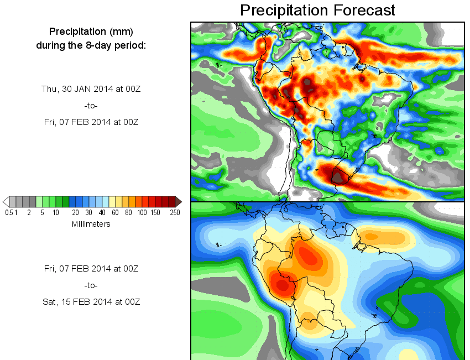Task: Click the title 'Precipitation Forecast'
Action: [x=317, y=10]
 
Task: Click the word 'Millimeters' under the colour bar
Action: [x=91, y=224]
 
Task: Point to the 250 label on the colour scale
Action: [x=175, y=213]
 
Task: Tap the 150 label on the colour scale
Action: [x=156, y=213]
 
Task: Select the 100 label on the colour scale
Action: [x=142, y=213]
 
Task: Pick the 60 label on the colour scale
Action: [x=115, y=213]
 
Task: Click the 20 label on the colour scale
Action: [x=75, y=213]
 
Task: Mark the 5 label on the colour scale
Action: [x=42, y=213]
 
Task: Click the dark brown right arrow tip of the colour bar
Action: [x=178, y=201]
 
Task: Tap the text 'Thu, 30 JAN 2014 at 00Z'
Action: [x=91, y=88]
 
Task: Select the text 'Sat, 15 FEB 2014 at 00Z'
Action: [x=91, y=302]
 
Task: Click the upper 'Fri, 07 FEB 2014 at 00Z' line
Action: [x=91, y=122]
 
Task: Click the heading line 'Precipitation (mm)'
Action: [x=91, y=31]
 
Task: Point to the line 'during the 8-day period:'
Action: [x=91, y=45]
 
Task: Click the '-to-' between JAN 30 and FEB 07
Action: [x=91, y=106]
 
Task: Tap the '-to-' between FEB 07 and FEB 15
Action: [x=91, y=285]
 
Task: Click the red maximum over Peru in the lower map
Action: [x=282, y=285]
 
